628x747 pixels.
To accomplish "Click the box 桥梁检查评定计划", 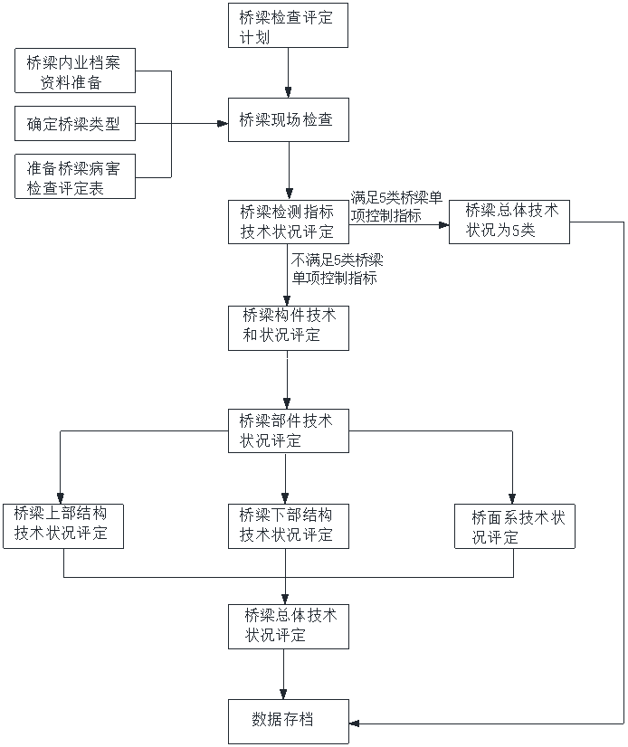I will (288, 26).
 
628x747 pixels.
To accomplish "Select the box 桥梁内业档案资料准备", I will (75, 71).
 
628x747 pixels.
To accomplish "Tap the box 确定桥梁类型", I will (75, 124).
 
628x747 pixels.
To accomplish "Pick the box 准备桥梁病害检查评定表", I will (75, 176).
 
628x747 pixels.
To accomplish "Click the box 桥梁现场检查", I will (288, 119).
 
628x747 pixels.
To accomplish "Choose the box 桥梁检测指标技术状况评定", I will (288, 222).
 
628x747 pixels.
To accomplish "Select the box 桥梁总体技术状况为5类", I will (509, 222).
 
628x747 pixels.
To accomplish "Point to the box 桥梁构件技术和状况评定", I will (288, 326).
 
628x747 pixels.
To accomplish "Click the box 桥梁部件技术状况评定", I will (288, 431).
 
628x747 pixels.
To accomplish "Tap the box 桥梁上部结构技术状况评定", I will (63, 525).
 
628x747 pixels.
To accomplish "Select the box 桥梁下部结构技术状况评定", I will (288, 525).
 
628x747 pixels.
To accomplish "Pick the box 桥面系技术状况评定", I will (514, 526).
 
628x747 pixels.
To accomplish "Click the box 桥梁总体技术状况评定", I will (288, 626).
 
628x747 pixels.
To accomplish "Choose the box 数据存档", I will (288, 721).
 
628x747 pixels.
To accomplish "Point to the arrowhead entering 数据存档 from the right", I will (354, 723).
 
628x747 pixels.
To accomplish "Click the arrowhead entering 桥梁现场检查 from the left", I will (224, 124).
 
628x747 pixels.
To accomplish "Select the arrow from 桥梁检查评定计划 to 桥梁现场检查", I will (288, 72).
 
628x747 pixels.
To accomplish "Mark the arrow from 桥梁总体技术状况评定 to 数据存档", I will (288, 674).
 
